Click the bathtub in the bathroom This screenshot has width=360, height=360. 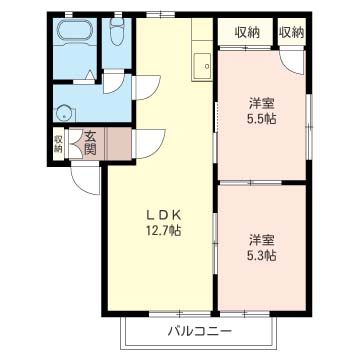pos(73,33)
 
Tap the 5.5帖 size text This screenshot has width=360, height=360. pos(263,116)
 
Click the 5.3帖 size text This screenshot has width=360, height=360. pos(263,254)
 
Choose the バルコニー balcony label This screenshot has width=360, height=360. pos(199,331)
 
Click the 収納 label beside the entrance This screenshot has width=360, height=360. pos(59,142)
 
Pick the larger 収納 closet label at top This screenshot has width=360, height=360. pos(247,32)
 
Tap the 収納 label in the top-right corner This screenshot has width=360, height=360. pos(291,32)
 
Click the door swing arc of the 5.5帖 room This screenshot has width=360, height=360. pos(293,60)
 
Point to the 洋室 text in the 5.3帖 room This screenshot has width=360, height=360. pos(263,239)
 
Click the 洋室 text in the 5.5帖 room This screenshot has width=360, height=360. pos(263,101)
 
